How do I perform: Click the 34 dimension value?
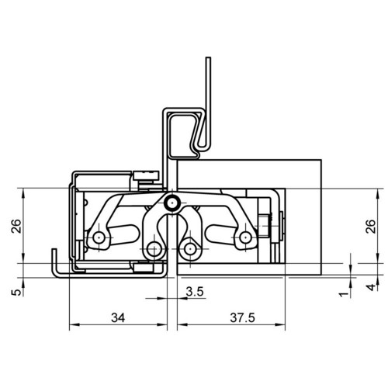(118, 317)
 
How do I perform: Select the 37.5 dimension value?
(242, 317)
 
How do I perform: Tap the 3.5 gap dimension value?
(195, 292)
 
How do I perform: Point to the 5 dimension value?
(16, 293)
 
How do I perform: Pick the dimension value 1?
(344, 294)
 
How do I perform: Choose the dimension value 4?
(371, 287)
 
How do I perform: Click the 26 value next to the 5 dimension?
(16, 226)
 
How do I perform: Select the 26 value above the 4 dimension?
(371, 227)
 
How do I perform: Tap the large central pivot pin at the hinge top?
(172, 203)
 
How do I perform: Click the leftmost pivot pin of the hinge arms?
(99, 237)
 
